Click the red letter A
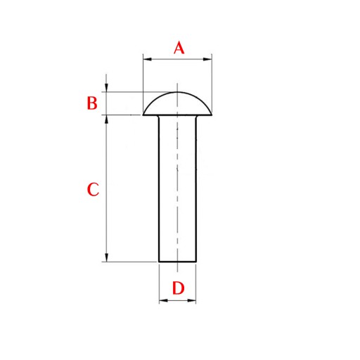pyautogui.click(x=179, y=48)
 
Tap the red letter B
pyautogui.click(x=92, y=103)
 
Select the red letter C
pyautogui.click(x=93, y=189)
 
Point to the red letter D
pyautogui.click(x=178, y=288)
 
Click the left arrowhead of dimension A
pyautogui.click(x=147, y=59)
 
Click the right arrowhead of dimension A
pyautogui.click(x=207, y=59)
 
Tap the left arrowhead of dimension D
pyautogui.click(x=163, y=300)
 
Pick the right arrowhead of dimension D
pyautogui.click(x=192, y=300)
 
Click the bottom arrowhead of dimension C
pyautogui.click(x=107, y=257)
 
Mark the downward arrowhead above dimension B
pyautogui.click(x=107, y=87)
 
